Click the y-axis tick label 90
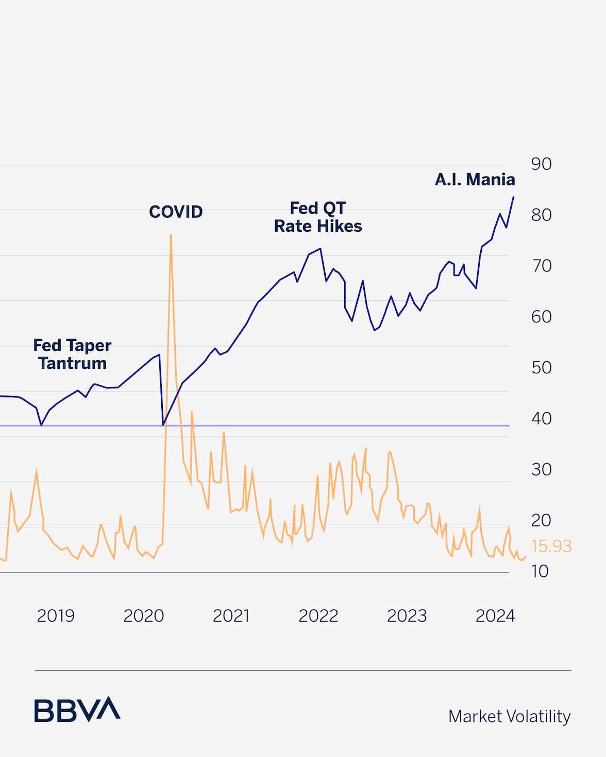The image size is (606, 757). (x=541, y=164)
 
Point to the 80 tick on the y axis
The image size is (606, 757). (x=541, y=215)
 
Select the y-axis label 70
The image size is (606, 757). (x=542, y=266)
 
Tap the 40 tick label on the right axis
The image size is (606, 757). (x=541, y=419)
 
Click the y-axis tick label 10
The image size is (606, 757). (x=540, y=572)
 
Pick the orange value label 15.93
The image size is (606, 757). (x=551, y=546)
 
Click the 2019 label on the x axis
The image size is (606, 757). (x=56, y=616)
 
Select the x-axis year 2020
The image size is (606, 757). (x=143, y=616)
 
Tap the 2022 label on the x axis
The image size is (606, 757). (x=318, y=616)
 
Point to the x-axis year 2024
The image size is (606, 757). (x=495, y=616)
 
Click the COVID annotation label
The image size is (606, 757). (x=176, y=212)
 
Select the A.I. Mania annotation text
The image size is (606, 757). (x=475, y=180)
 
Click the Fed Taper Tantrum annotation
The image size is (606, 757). (x=72, y=354)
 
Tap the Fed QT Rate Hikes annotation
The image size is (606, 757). (x=318, y=217)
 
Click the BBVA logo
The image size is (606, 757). (x=77, y=710)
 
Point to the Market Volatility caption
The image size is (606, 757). (x=509, y=716)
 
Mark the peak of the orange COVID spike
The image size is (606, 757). (x=171, y=235)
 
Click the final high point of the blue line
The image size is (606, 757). (x=513, y=197)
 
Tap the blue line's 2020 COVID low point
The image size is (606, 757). (x=163, y=425)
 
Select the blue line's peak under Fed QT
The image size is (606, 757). (x=321, y=249)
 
